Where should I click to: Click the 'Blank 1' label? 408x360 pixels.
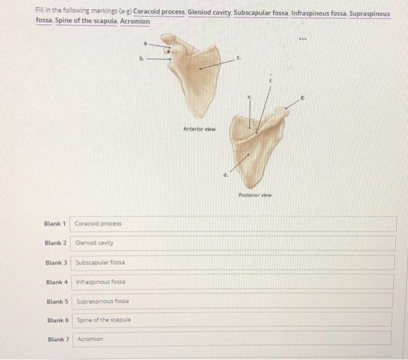(x=56, y=223)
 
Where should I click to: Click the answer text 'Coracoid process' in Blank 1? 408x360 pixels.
(x=98, y=224)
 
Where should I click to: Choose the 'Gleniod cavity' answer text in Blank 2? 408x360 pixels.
(x=94, y=242)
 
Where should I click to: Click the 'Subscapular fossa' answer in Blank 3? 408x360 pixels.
(x=100, y=262)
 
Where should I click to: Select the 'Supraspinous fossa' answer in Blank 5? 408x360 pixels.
(x=103, y=301)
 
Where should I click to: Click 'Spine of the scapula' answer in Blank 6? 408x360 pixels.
(x=104, y=320)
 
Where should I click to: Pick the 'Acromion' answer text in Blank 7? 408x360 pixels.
(x=90, y=338)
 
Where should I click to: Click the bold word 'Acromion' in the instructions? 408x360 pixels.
(x=135, y=22)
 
